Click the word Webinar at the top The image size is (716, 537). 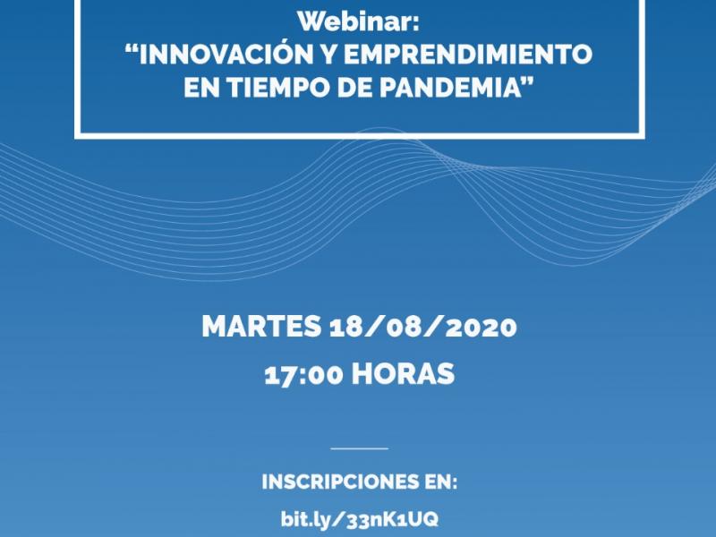[354, 21]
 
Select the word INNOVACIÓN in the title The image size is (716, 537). [226, 54]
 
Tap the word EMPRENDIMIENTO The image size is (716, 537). [468, 54]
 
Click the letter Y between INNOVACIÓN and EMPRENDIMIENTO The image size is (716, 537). [328, 54]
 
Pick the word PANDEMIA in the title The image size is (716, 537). [450, 87]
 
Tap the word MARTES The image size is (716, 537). [261, 327]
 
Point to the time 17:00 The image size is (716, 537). [303, 375]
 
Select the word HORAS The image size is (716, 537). [403, 374]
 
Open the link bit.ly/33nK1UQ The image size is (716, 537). [360, 519]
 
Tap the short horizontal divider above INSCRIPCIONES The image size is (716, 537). [360, 448]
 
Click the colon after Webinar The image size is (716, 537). [415, 24]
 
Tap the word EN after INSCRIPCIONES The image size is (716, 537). [440, 482]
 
